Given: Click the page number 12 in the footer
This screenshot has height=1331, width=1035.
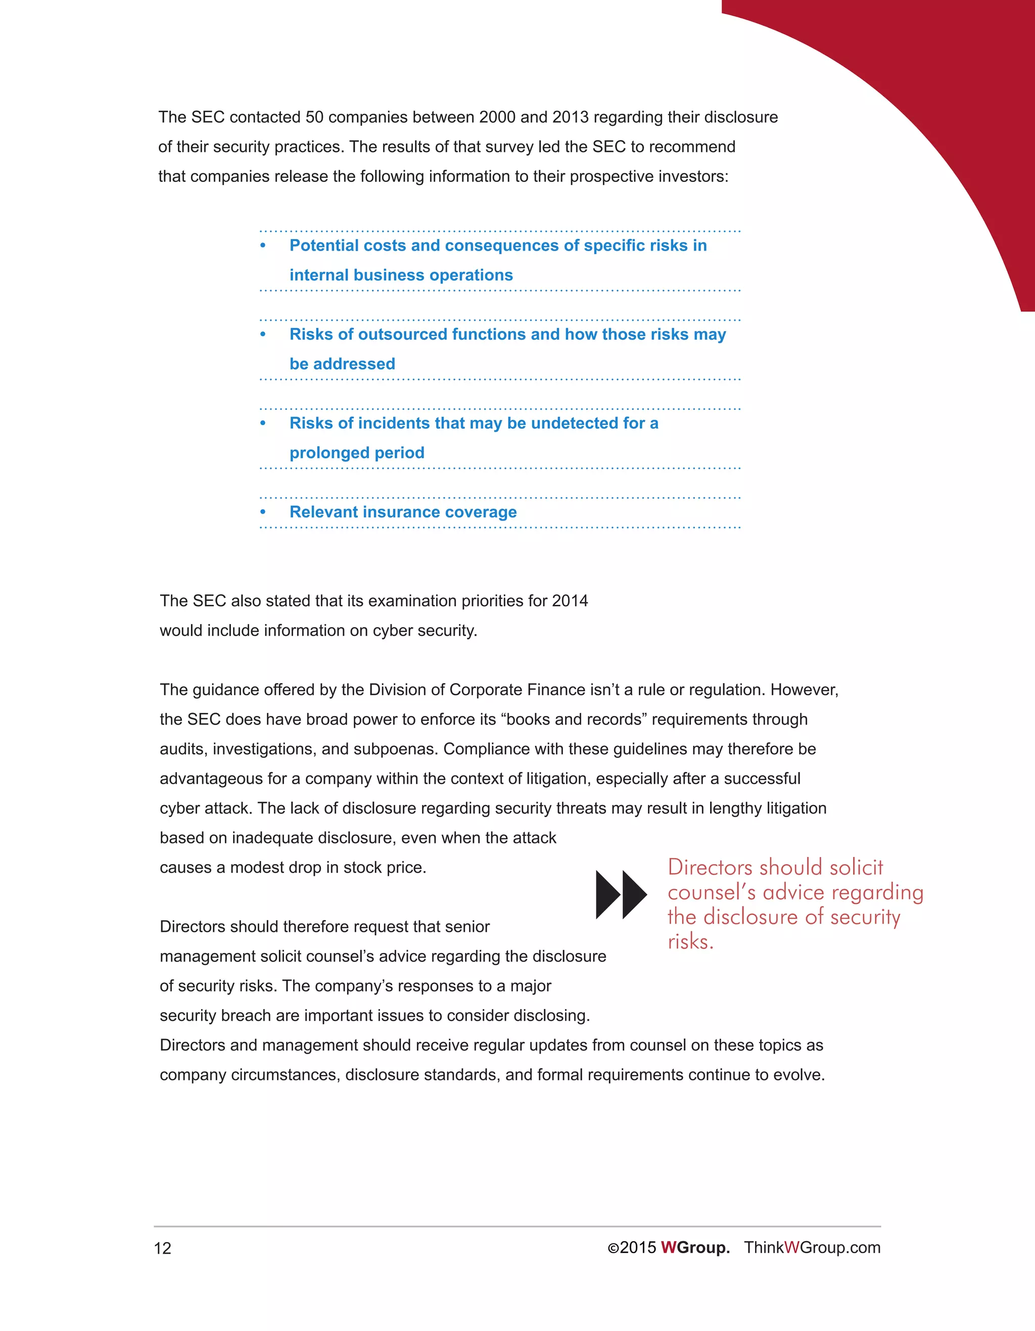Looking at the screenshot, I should (x=163, y=1248).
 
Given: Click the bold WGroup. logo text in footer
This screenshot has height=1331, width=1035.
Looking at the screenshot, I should (x=695, y=1248).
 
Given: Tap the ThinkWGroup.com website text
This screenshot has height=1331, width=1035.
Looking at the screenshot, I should (x=812, y=1248).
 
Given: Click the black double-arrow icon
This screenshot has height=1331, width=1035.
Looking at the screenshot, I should (x=621, y=894).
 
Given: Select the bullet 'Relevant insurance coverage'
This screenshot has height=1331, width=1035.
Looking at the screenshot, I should (x=403, y=512).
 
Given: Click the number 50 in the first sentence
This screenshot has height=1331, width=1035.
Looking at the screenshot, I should (x=314, y=117).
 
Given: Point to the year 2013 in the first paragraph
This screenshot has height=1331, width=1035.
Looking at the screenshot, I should (x=570, y=117).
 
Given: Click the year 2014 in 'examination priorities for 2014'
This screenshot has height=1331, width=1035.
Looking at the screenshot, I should (x=570, y=601).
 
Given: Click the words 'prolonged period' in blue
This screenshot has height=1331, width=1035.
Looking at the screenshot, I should (x=357, y=453).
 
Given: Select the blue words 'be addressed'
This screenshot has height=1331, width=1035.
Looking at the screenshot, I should (x=342, y=364).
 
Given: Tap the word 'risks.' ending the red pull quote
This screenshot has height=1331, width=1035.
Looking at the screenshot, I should (x=690, y=942).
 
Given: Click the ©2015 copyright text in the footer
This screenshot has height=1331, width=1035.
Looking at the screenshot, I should (x=632, y=1248).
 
